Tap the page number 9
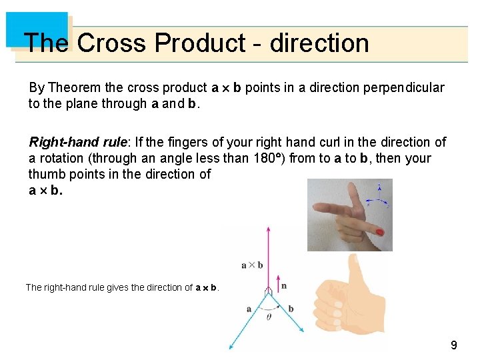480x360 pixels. coord(454,345)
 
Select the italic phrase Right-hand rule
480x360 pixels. coord(79,142)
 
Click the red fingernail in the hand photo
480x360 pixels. coord(379,233)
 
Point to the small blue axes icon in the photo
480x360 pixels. coord(379,191)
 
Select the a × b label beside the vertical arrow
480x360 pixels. coord(252,265)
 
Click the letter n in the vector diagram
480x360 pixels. coord(284,286)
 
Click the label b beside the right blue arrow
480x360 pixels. coord(291,309)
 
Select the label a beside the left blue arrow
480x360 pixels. coord(249,309)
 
